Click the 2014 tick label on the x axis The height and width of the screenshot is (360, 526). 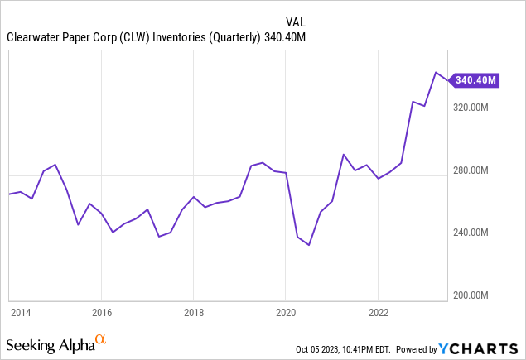click(x=20, y=313)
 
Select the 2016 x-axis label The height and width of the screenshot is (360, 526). click(x=101, y=313)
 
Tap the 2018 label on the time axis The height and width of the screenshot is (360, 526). click(x=193, y=313)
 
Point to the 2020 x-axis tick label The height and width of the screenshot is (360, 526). click(x=285, y=313)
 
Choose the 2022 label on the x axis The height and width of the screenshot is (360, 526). click(x=378, y=313)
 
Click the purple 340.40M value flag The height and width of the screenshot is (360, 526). click(x=475, y=80)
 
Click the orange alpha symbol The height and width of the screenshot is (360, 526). click(x=101, y=339)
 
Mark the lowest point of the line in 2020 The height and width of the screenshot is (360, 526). click(x=308, y=245)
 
